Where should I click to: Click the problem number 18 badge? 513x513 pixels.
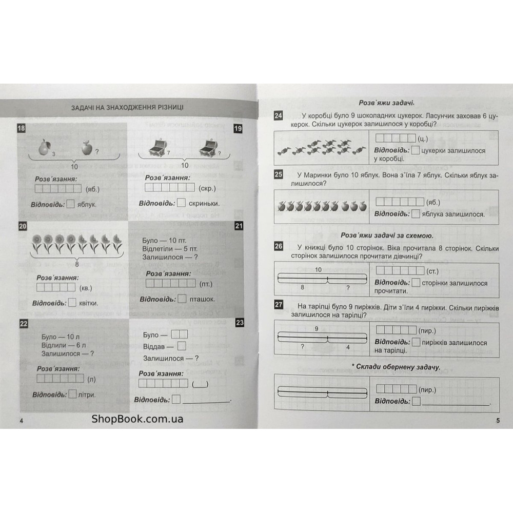pos(22,128)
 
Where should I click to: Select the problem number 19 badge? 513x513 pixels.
pos(238,128)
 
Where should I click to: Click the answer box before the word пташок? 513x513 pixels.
pos(182,299)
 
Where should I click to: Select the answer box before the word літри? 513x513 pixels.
pos(72,394)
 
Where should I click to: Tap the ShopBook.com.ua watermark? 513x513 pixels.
pos(137,419)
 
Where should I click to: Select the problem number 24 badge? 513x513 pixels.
pos(278,116)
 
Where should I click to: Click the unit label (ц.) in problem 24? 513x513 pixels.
pos(423,139)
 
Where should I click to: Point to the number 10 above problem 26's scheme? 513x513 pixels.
pos(318,269)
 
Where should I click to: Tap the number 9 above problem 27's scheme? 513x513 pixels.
pos(317,328)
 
